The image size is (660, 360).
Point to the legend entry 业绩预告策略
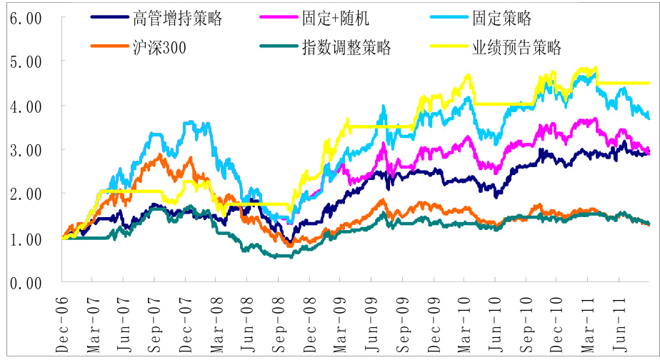pyautogui.click(x=517, y=48)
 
